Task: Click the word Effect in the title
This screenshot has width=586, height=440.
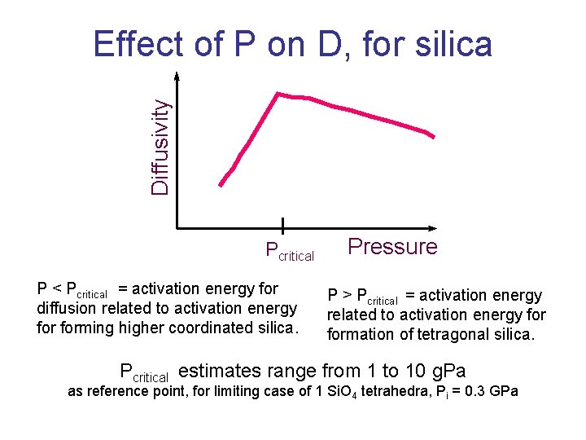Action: tap(139, 44)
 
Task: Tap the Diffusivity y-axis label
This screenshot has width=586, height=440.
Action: tap(161, 147)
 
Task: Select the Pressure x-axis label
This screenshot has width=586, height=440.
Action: tap(392, 247)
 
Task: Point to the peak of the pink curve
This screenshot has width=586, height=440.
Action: tap(278, 94)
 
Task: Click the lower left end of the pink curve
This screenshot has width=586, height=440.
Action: tap(220, 186)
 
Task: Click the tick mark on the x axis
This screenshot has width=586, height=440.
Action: tap(282, 227)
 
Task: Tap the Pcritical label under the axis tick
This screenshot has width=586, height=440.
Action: tap(290, 252)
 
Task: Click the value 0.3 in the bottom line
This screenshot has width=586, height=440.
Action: tap(473, 392)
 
